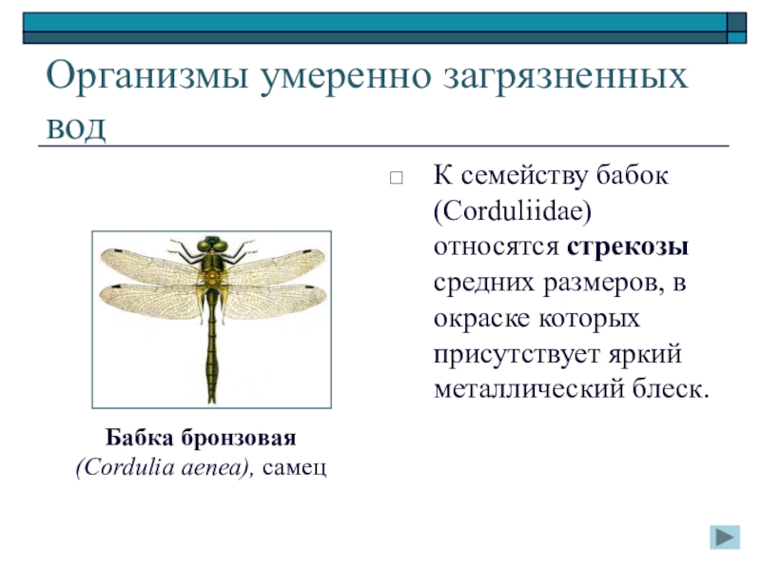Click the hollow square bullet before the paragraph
click(398, 178)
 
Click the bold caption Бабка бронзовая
click(201, 439)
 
